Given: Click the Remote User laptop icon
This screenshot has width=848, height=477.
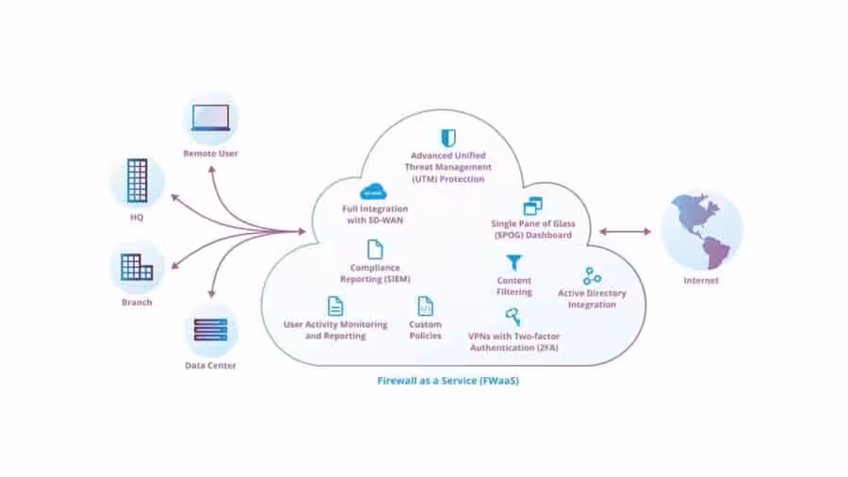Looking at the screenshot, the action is click(x=210, y=118).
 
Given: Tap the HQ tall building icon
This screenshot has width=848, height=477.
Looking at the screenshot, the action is click(x=137, y=181).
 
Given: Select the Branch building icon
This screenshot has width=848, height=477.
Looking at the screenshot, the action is click(x=137, y=267).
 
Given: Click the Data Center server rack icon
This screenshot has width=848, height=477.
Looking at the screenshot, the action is click(x=210, y=330).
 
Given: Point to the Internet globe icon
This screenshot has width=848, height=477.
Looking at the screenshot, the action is click(x=701, y=231).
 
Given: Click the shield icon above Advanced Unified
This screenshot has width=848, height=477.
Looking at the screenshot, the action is click(x=448, y=138).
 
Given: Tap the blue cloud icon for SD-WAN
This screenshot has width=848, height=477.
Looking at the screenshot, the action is click(x=373, y=192).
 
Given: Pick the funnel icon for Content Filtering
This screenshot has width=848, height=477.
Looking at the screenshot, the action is click(x=514, y=263).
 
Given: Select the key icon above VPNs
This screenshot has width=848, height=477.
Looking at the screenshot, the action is click(x=513, y=317).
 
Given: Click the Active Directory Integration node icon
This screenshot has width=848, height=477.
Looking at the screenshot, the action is click(x=592, y=276).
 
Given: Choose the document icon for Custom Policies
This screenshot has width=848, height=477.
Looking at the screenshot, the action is click(x=425, y=306).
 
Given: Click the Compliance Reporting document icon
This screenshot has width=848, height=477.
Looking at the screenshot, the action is click(x=375, y=249).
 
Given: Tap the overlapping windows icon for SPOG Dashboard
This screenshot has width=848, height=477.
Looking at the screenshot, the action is click(x=532, y=206).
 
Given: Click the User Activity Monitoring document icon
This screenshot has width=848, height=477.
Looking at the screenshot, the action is click(x=335, y=306).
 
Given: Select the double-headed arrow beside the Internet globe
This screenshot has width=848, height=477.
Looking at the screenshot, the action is click(x=626, y=232).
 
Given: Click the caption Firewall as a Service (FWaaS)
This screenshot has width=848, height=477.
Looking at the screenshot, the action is click(x=448, y=381).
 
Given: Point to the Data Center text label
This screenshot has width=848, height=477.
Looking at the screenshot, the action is click(x=210, y=366).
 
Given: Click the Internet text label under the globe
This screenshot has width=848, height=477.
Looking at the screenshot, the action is click(x=701, y=280).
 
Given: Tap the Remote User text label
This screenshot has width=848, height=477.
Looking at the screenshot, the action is click(x=210, y=154).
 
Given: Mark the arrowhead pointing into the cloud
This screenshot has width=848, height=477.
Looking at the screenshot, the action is click(x=302, y=232).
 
